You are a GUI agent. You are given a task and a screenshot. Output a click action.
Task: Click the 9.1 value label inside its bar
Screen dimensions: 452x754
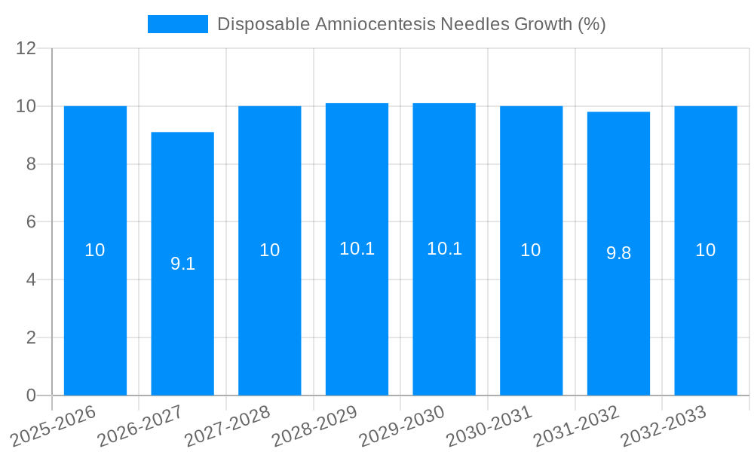182,264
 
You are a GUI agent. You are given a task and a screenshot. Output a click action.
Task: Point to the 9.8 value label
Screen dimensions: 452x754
618,253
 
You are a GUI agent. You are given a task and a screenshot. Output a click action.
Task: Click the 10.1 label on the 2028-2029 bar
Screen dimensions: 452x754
357,249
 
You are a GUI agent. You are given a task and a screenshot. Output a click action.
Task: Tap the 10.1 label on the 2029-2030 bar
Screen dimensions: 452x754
444,249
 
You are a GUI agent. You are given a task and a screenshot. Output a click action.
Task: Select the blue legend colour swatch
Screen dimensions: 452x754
178,24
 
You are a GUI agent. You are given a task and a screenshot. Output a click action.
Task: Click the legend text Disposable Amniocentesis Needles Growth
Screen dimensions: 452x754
411,24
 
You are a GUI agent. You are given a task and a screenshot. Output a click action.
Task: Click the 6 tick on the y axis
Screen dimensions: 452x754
31,222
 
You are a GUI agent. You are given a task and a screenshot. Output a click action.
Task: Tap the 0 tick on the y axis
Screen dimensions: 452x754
31,395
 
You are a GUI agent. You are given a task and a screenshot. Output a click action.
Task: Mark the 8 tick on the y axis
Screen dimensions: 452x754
31,164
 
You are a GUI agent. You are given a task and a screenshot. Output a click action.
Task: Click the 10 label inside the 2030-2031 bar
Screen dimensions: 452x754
531,250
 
